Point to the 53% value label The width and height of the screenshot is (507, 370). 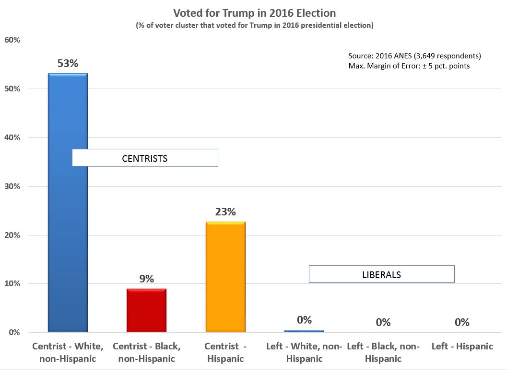[x=68, y=63]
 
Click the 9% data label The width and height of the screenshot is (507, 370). [x=146, y=279]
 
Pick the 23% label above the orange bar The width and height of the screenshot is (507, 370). [x=225, y=212]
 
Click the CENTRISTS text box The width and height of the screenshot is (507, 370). [x=145, y=158]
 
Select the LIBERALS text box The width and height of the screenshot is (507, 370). [x=381, y=274]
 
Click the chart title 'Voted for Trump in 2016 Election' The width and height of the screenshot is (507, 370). [x=254, y=12]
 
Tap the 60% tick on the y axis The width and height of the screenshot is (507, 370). [x=12, y=40]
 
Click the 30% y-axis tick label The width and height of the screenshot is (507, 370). [x=12, y=186]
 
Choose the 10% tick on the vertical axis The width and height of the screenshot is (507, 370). [x=12, y=284]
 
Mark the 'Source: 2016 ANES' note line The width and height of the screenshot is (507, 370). [x=414, y=56]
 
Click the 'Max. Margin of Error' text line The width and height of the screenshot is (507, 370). [x=409, y=66]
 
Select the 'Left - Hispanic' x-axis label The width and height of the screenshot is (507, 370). [x=462, y=347]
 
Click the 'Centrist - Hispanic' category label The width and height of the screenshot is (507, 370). [x=225, y=352]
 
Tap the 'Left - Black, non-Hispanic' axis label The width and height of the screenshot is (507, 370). [x=383, y=352]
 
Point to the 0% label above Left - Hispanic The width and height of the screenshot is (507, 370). [x=462, y=322]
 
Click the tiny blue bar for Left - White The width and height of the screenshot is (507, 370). [x=304, y=331]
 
